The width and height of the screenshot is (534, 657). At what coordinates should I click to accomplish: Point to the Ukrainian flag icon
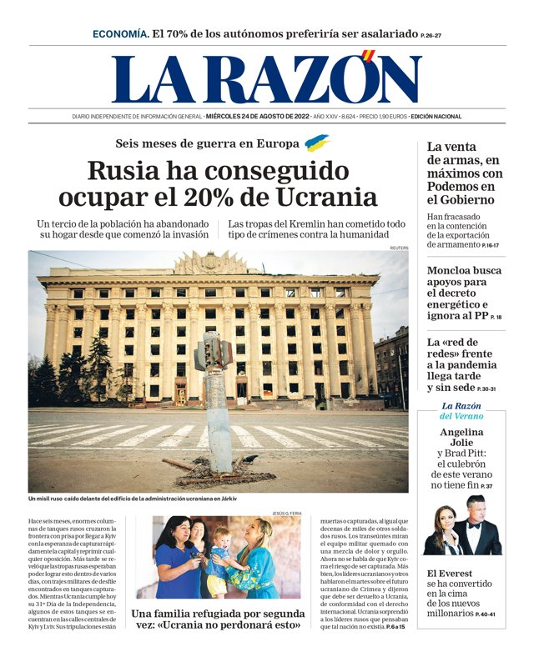pyautogui.click(x=317, y=143)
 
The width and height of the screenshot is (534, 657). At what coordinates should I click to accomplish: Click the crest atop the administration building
pyautogui.click(x=210, y=264)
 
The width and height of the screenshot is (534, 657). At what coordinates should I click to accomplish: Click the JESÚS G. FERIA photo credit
pyautogui.click(x=287, y=513)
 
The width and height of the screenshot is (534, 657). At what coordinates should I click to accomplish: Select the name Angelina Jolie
pyautogui.click(x=461, y=438)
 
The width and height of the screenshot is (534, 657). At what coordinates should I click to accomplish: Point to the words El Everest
pyautogui.click(x=450, y=573)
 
